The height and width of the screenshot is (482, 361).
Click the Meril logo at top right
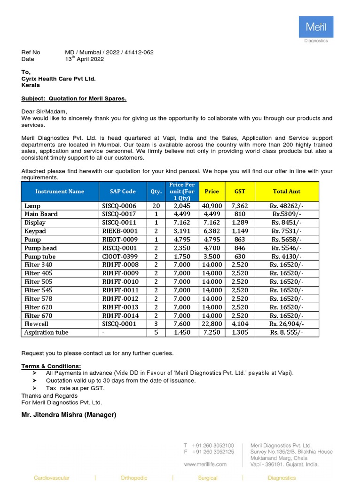click(316, 27)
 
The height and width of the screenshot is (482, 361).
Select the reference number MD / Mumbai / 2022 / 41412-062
click(109, 52)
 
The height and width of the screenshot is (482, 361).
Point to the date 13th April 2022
click(85, 59)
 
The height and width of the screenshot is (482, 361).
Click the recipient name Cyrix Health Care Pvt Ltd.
click(58, 79)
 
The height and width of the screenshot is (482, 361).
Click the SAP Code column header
click(123, 192)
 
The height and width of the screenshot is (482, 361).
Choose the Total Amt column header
click(286, 192)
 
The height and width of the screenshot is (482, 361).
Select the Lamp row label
click(32, 206)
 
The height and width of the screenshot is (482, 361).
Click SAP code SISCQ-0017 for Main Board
click(119, 214)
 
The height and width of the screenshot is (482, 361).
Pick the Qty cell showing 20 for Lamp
click(156, 206)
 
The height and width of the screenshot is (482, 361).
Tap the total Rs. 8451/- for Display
click(286, 223)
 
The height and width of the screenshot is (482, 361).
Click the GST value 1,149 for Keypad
click(239, 231)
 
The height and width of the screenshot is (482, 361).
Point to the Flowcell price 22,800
click(212, 324)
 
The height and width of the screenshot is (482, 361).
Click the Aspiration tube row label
click(46, 332)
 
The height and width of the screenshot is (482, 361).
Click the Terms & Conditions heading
click(51, 366)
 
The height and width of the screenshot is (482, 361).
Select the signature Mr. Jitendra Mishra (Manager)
click(69, 415)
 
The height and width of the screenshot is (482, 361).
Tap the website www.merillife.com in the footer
click(205, 464)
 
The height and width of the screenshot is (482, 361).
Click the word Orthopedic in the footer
click(134, 478)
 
